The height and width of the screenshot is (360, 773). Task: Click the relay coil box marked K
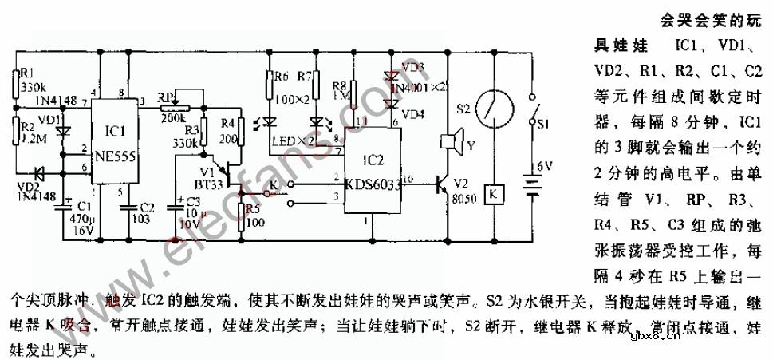[x=493, y=195]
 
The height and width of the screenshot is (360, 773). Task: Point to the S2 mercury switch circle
[x=492, y=105]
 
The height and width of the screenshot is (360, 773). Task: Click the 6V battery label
[x=543, y=165]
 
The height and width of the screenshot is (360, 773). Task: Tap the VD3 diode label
[x=414, y=67]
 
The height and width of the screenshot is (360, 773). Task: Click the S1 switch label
[x=542, y=125]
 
